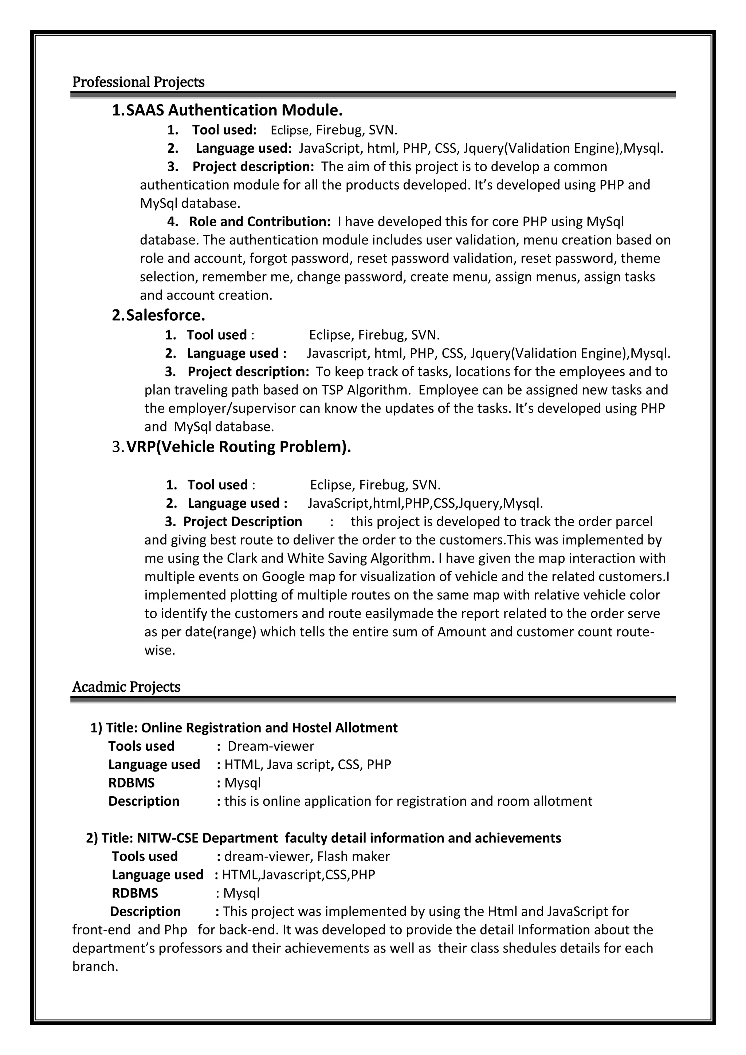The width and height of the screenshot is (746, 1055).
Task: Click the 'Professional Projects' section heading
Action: [138, 82]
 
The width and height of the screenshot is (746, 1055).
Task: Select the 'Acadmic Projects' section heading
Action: [126, 687]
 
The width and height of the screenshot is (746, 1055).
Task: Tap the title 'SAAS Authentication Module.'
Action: [234, 110]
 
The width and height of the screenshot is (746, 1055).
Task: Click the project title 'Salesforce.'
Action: [165, 315]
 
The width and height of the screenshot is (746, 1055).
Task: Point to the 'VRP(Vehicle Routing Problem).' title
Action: [239, 447]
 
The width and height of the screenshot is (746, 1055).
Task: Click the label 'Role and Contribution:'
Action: [260, 222]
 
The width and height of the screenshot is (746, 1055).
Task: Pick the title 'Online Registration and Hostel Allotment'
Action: [269, 728]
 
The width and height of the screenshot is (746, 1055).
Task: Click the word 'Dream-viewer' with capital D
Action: [271, 746]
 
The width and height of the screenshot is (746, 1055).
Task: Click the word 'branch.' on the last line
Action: [95, 967]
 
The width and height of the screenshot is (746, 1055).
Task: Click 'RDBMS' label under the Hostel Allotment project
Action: [131, 783]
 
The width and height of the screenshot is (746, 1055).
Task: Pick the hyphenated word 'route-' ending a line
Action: [635, 632]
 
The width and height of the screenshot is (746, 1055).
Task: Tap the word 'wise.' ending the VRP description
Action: [160, 650]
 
